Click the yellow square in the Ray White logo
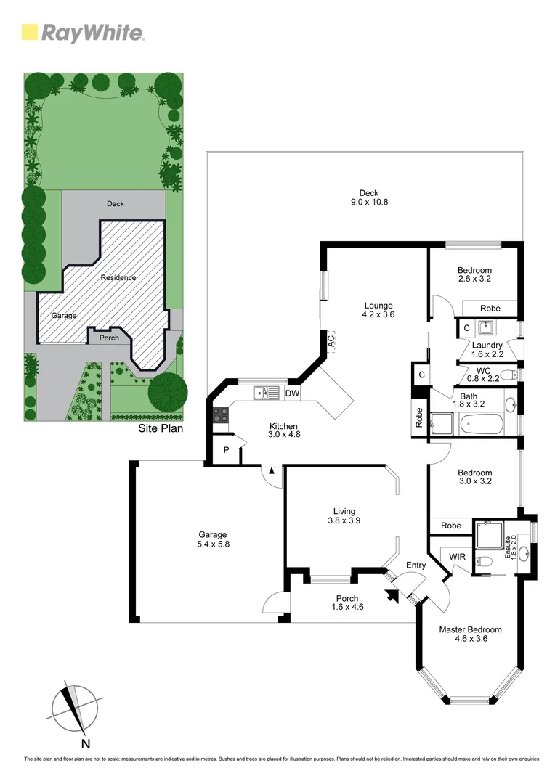coord(30,32)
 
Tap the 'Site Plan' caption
coord(161,428)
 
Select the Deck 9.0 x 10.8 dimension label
coord(369,197)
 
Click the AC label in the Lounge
coord(331,340)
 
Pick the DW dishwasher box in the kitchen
coord(293,393)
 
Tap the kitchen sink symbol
coord(265,393)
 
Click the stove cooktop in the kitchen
coord(219,416)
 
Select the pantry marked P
coord(226,450)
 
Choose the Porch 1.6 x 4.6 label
coord(347,603)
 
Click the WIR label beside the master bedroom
coord(457,557)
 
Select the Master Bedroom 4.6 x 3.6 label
coord(470,634)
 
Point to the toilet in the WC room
coord(514,375)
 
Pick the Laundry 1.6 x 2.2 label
coord(487,350)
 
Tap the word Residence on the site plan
coord(118,277)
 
